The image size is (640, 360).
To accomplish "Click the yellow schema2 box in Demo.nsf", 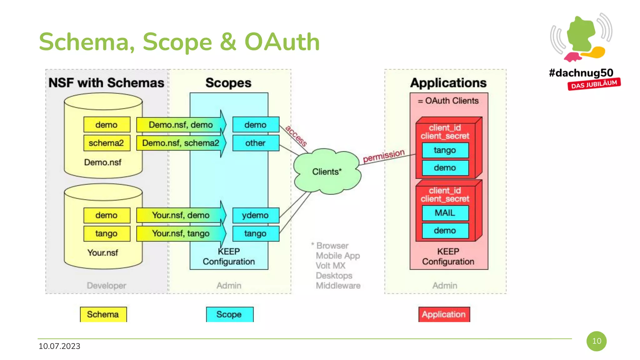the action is tap(107, 143).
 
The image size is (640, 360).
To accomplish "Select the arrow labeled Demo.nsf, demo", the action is tap(181, 125).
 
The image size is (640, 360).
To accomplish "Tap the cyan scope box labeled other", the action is tap(255, 143).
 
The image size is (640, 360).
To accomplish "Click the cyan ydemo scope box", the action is tap(255, 215).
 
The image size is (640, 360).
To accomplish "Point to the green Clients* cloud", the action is tap(327, 172).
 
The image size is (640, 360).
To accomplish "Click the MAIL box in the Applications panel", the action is tap(445, 213).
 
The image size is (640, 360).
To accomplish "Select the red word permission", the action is tap(383, 156).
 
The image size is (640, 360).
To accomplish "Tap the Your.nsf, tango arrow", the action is tap(181, 233).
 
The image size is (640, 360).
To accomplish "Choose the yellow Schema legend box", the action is tap(103, 314).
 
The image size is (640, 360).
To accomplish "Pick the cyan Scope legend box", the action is tap(229, 314).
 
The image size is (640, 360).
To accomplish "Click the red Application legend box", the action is tap(444, 314).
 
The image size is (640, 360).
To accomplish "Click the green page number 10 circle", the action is tap(596, 341).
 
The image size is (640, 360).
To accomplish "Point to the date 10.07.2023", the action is tap(59, 346).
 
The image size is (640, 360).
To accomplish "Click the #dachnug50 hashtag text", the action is tap(581, 73).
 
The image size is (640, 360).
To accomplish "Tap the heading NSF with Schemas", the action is tap(106, 83).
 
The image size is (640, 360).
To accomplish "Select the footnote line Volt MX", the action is tap(331, 266).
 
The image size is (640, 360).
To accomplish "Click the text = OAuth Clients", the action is tap(448, 101).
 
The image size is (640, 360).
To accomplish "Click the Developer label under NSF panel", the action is tap(107, 285).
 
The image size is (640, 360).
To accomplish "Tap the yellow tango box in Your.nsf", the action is tap(107, 233).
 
